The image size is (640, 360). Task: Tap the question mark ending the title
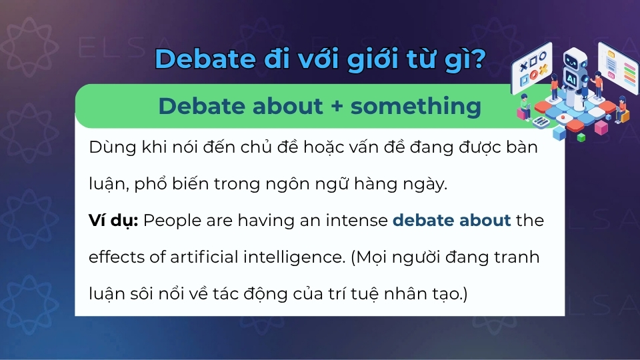click(477, 59)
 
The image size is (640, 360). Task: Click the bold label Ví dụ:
click(113, 221)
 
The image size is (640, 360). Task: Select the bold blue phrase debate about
click(452, 221)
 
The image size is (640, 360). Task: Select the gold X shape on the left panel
click(543, 69)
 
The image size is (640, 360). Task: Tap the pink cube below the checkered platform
click(601, 127)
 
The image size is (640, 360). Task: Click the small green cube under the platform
click(581, 137)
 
